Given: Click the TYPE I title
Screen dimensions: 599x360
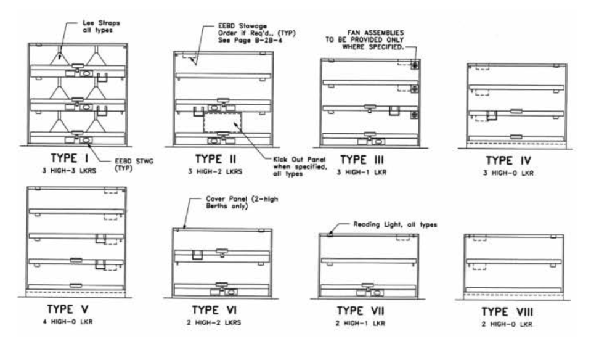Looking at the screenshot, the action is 70,158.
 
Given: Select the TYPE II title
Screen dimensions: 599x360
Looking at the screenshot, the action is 216,159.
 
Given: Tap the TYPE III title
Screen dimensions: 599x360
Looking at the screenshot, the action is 362,160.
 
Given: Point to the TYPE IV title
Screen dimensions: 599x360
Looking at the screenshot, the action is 508,160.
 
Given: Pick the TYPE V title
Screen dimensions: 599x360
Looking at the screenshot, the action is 68,309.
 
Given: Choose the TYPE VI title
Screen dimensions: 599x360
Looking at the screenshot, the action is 214,310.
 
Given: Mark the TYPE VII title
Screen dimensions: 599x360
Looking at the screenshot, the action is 361,311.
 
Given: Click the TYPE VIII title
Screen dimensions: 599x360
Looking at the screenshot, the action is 507,312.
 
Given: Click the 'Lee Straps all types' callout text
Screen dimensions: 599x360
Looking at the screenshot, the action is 101,27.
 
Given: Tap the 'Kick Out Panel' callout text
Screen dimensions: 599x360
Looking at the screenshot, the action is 300,166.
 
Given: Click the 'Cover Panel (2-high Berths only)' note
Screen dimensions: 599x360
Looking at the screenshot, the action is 242,202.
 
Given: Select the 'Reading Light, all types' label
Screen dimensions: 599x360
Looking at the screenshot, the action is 395,225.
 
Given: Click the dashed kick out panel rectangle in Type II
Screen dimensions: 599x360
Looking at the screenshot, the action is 222,122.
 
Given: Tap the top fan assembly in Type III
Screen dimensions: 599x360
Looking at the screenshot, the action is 415,65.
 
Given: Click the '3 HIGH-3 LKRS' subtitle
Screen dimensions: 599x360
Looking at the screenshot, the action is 69,171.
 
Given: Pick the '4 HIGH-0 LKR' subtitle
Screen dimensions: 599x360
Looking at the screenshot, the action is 68,322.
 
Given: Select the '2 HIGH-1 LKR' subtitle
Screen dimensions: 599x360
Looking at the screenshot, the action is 361,324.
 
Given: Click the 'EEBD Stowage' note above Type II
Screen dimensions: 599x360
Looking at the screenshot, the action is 257,33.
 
